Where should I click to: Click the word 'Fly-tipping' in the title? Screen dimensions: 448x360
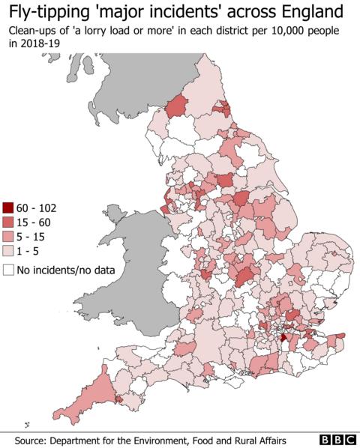tap(46, 12)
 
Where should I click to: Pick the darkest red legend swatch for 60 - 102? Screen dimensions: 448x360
tap(8, 208)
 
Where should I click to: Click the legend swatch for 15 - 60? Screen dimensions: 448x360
tap(8, 223)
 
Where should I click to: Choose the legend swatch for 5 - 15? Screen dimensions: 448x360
tap(8, 237)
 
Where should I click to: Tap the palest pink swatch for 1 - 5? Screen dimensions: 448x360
tap(8, 252)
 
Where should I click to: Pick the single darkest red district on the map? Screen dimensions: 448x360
tap(283, 338)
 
